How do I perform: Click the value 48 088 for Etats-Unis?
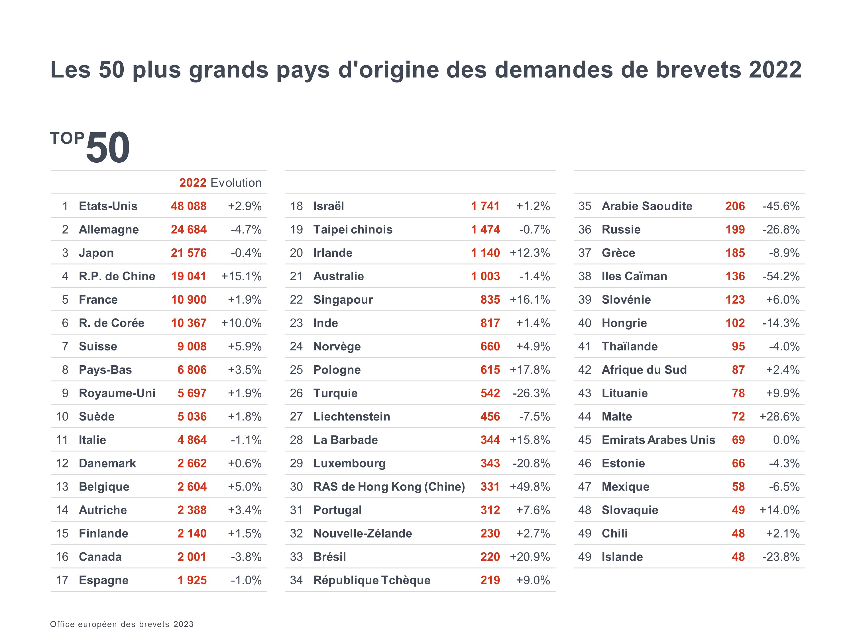[189, 206]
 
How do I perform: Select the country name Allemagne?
[109, 230]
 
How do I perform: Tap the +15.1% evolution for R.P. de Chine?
[241, 276]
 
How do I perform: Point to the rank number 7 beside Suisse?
[65, 346]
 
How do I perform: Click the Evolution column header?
[236, 183]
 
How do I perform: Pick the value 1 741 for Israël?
[485, 206]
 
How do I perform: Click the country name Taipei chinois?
[353, 230]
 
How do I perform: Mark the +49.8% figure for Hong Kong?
[530, 487]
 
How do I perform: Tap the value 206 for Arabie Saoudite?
[735, 206]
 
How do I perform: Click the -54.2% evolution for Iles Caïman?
[780, 276]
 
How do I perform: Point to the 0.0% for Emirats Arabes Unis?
[786, 440]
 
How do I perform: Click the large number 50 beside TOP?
[108, 148]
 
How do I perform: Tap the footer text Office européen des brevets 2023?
[122, 624]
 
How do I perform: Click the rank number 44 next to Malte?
[585, 417]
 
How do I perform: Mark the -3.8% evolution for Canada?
[246, 557]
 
